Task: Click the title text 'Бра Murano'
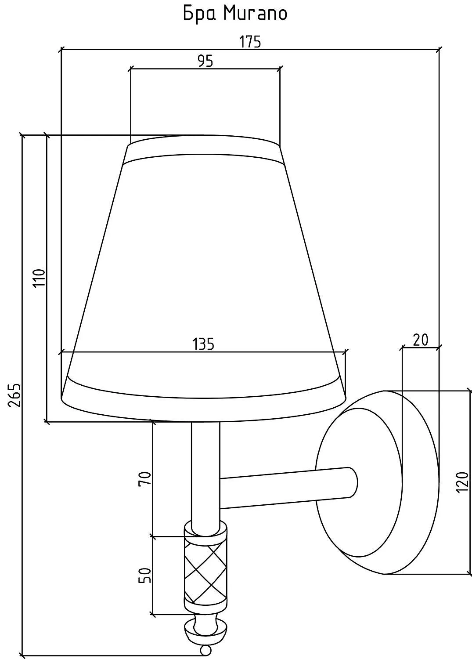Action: pos(235,14)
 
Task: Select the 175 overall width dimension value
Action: pos(250,42)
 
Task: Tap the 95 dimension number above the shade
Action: pos(205,61)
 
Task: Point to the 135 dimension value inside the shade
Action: pos(203,344)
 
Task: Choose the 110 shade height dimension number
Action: pos(40,278)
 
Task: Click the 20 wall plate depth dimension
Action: pos(421,340)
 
